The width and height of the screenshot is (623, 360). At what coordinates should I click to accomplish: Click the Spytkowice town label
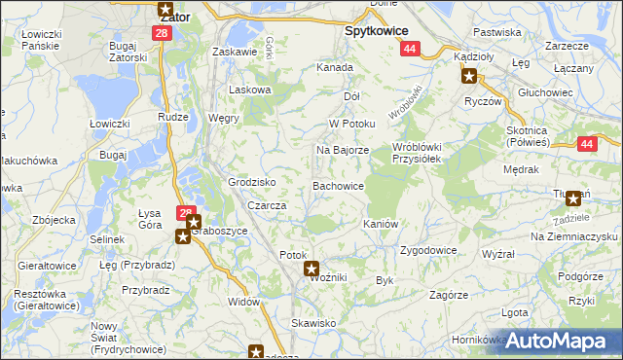tap(376, 30)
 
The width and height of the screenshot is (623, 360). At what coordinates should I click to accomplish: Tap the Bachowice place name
tap(339, 185)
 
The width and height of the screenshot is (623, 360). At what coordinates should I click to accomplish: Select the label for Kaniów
tap(381, 224)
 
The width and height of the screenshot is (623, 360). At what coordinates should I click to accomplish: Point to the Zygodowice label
tap(428, 250)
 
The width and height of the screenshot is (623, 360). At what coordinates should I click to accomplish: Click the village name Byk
tap(384, 280)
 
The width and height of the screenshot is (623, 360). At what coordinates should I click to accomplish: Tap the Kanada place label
tap(334, 68)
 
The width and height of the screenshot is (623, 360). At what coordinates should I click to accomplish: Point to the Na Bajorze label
tap(341, 151)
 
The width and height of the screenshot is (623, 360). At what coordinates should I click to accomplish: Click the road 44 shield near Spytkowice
tap(409, 49)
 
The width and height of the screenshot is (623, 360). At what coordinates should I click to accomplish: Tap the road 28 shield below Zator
tap(162, 33)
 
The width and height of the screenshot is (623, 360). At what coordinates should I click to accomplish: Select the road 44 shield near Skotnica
tap(585, 144)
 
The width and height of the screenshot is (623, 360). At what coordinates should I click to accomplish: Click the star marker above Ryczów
tap(469, 77)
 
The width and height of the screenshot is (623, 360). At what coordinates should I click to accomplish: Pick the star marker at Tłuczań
tap(573, 199)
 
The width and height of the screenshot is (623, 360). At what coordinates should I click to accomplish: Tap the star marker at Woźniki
tap(311, 269)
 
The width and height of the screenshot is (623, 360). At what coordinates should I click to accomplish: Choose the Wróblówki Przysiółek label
tap(417, 154)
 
